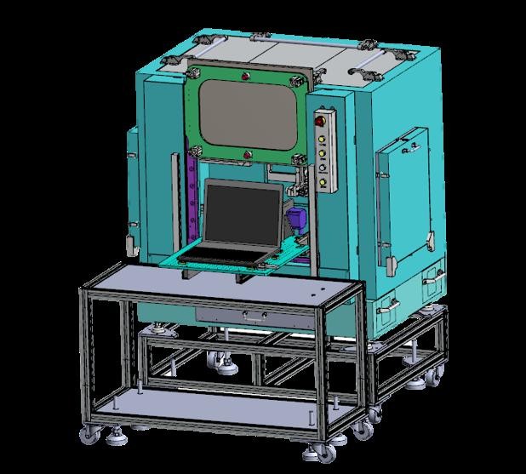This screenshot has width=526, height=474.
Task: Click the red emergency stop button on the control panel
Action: click(322, 119)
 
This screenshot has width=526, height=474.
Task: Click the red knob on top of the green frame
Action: click(245, 77)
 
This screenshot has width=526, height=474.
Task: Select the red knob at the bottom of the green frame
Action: click(247, 154)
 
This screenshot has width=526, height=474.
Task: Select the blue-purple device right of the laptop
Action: click(297, 219)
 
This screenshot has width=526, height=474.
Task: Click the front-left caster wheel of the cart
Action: click(89, 437)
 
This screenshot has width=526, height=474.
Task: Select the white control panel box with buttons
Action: click(323, 150)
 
